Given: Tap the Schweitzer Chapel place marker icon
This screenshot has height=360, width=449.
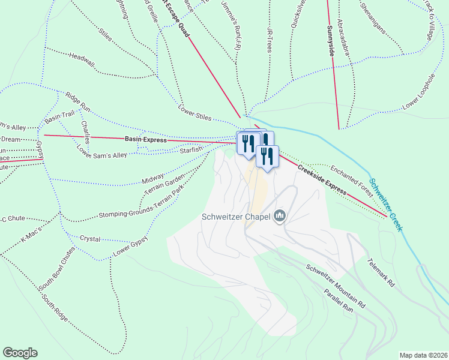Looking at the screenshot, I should (279, 215).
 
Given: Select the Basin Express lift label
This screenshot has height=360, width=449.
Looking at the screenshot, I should (145, 139).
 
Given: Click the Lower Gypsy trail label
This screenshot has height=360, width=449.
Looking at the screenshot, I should (130, 247).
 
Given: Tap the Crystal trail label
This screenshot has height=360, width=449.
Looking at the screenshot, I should (90, 238).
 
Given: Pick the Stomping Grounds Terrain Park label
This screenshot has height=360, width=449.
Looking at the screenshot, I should (141, 204).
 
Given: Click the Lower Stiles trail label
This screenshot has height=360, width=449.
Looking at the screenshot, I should (195, 112).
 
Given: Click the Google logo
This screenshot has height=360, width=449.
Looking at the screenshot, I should (20, 353).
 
